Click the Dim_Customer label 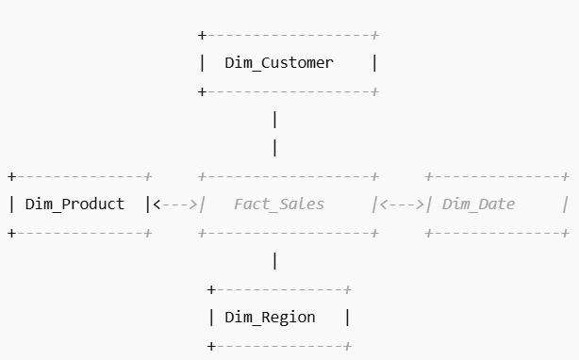coord(278,63)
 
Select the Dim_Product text coord(74,204)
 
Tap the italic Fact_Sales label coord(278,204)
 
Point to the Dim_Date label coord(478,204)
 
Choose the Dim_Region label coord(270,317)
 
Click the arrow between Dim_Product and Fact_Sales coord(175,204)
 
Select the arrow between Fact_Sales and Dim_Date coord(402,204)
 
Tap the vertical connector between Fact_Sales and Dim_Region coord(274,260)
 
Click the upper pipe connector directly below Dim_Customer coord(274,120)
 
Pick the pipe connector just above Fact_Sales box coord(274,148)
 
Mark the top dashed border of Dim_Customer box coord(288,35)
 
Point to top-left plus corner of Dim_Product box coord(11,176)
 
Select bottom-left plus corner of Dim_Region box coord(211,346)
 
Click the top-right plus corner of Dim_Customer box coord(375,35)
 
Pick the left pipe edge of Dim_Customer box coord(202,63)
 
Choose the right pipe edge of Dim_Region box coord(347,317)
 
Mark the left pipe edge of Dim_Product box coord(11,204)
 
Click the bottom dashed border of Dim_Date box coord(496,232)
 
